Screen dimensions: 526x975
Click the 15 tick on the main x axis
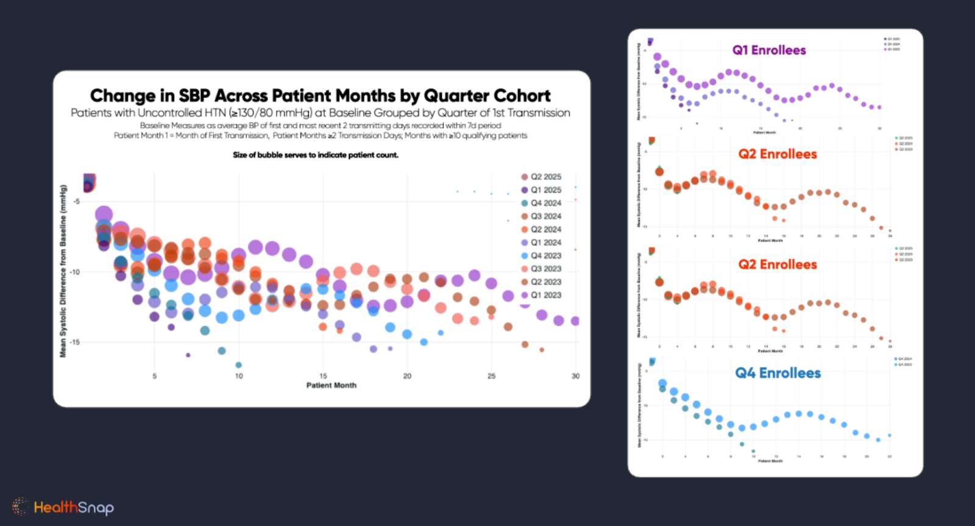[323, 376]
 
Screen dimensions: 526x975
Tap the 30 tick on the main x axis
[575, 376]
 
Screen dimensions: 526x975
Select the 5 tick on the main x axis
[155, 376]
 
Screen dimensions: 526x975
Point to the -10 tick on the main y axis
[74, 272]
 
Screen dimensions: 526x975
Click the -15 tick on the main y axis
[74, 342]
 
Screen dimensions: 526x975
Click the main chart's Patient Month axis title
[331, 385]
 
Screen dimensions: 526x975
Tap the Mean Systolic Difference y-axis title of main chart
[63, 271]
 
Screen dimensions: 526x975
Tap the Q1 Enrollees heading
[769, 50]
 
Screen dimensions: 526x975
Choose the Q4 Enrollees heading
[778, 373]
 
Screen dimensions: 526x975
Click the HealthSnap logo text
[73, 507]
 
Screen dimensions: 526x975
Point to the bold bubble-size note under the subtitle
[316, 155]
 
